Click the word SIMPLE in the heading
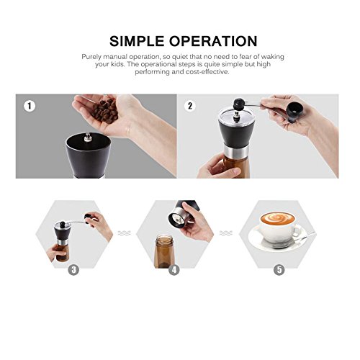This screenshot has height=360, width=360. point(137,41)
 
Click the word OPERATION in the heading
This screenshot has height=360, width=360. point(213,41)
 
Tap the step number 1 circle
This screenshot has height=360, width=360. point(30,106)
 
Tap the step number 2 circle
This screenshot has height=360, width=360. point(190,106)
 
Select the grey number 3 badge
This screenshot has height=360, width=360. point(73,270)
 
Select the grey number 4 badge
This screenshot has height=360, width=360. point(174,270)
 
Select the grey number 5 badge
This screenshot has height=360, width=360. point(279,270)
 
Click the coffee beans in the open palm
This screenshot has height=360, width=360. point(104,111)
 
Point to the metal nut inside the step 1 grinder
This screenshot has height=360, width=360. point(88,138)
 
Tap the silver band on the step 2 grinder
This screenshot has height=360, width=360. point(236,150)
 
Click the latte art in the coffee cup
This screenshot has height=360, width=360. point(277,218)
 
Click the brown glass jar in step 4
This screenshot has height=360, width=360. point(164,252)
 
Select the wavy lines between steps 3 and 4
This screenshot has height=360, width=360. point(125,233)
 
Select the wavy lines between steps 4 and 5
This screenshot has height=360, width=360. point(226,233)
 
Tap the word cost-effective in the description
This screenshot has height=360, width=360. point(207,72)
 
